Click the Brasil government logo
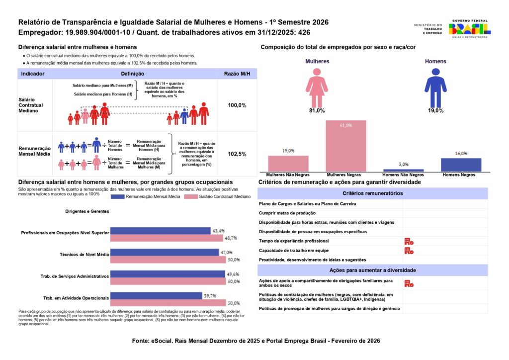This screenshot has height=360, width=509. pos(469,28)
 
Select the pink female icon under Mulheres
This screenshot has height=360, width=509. pos(317,88)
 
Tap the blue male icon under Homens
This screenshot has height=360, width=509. pos(435,88)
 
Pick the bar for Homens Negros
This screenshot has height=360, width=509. pos(461,165)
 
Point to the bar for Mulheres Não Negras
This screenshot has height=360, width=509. pos(288,164)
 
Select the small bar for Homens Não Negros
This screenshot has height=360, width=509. pos(403,170)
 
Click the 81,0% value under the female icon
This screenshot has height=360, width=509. pos(317,110)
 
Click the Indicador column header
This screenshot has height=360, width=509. pos(33,74)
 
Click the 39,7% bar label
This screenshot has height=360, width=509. pos(210,296)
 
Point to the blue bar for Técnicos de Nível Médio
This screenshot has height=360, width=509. pos(165,253)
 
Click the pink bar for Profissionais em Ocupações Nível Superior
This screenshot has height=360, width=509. pos(167,238)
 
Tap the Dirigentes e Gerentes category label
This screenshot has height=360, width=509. pos(87,211)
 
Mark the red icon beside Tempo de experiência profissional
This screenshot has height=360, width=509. pos(409,241)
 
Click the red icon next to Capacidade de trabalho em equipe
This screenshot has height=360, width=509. pos(409,251)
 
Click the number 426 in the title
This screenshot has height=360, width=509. pos(304,32)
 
